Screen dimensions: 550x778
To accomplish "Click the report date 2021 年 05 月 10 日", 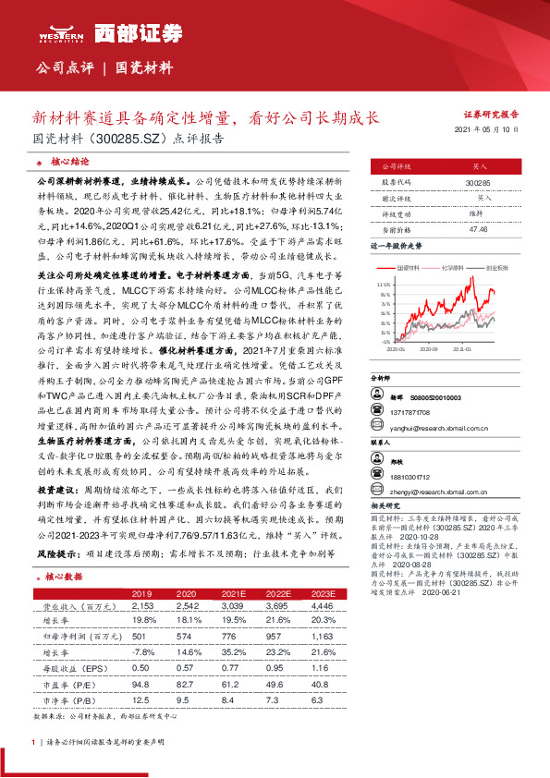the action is (494, 131).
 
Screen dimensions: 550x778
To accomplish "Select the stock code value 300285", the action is (478, 183).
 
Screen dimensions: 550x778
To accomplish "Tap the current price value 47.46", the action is (478, 227).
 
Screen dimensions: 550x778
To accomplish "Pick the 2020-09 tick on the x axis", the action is (433, 349).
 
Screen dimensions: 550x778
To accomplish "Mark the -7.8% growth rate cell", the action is (142, 651).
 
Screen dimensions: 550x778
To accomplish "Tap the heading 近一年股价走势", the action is (396, 247).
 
